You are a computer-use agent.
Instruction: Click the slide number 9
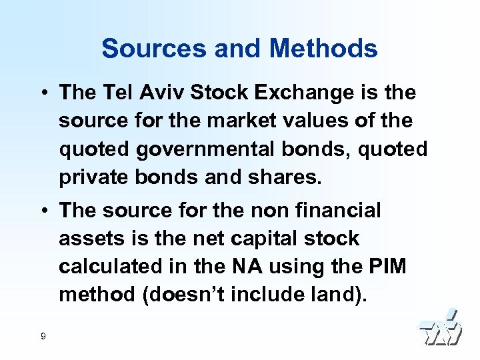43,336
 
